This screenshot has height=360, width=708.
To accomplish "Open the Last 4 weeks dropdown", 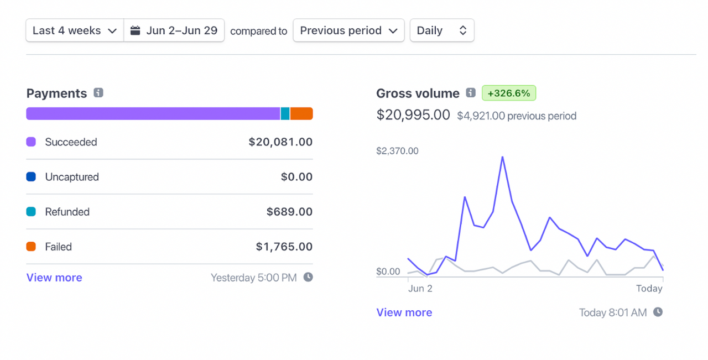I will (x=74, y=30).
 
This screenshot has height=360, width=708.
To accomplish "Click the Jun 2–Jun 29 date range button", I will (x=174, y=30).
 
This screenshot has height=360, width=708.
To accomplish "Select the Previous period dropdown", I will (x=348, y=30).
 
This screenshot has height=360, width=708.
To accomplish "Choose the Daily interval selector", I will (x=441, y=30).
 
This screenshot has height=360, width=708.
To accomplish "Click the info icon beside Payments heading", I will (x=98, y=93).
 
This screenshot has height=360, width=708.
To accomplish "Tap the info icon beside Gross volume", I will (x=471, y=93).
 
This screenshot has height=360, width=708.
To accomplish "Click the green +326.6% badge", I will (x=508, y=93).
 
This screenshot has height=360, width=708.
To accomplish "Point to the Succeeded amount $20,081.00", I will (x=280, y=142).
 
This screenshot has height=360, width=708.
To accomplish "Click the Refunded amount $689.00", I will (x=289, y=212).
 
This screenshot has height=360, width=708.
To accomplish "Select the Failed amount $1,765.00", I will (x=284, y=247).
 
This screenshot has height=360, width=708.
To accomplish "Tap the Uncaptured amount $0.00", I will (x=296, y=177).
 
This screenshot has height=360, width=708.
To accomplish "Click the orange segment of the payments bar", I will (x=301, y=113).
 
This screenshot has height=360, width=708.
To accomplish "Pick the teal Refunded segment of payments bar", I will (x=285, y=113).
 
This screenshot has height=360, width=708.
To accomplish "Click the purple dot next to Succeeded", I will (x=31, y=142).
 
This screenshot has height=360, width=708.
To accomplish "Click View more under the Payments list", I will (x=54, y=278).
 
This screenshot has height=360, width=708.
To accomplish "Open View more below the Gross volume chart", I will (x=404, y=312).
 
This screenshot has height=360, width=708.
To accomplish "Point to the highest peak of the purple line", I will (x=502, y=157).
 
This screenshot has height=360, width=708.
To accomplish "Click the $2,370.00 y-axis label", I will (x=397, y=151).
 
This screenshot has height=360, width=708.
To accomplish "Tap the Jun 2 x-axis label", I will (x=420, y=288).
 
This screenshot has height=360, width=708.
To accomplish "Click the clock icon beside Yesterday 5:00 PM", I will (x=308, y=277).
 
